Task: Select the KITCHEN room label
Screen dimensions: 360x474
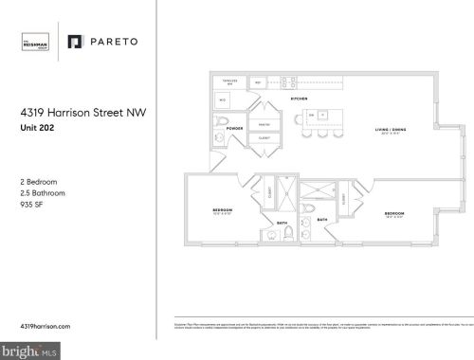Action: (x=297, y=99)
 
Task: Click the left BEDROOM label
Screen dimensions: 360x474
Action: (x=223, y=209)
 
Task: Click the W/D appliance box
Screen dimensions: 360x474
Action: (x=223, y=99)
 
